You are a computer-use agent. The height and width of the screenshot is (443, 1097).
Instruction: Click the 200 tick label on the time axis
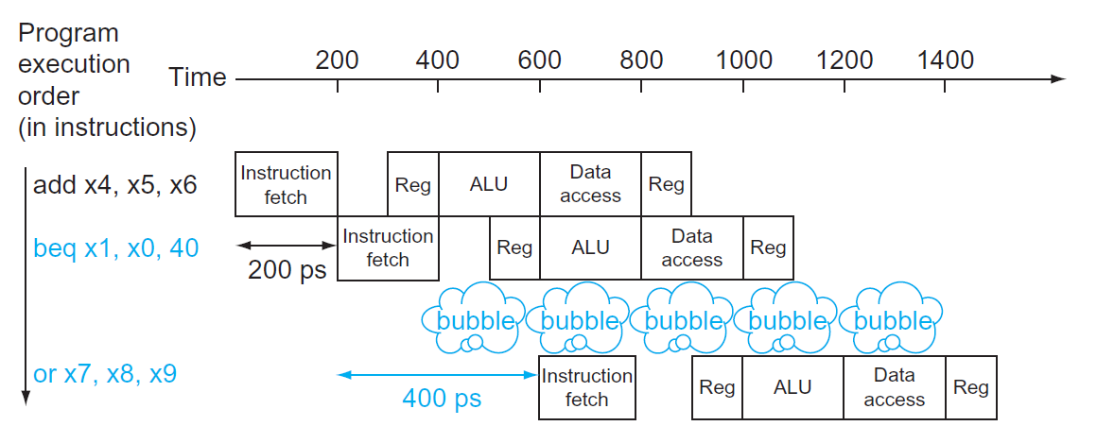pyautogui.click(x=337, y=60)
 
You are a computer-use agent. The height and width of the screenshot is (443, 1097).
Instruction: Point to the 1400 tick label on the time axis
pyautogui.click(x=945, y=60)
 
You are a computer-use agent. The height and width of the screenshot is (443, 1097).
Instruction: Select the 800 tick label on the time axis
pyautogui.click(x=641, y=60)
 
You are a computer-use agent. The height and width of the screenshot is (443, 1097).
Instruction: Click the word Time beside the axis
pyautogui.click(x=198, y=77)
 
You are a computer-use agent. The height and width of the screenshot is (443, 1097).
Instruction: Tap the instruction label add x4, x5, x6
pyautogui.click(x=114, y=185)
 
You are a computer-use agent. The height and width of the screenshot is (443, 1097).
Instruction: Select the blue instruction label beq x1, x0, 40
pyautogui.click(x=115, y=249)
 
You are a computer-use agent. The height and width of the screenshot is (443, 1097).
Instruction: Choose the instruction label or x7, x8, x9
pyautogui.click(x=104, y=374)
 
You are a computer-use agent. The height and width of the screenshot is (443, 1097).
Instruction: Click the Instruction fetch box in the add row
pyautogui.click(x=286, y=184)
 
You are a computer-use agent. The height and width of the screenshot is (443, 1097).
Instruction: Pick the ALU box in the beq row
pyautogui.click(x=590, y=247)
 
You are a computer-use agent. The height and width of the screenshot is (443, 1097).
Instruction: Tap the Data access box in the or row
pyautogui.click(x=894, y=387)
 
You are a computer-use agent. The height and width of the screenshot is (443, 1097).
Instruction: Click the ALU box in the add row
pyautogui.click(x=489, y=184)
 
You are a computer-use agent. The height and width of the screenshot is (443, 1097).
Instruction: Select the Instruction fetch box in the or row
pyautogui.click(x=586, y=387)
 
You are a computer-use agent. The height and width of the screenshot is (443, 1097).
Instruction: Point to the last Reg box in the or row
pyautogui.click(x=971, y=387)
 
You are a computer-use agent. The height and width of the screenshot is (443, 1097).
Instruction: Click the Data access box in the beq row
pyautogui.click(x=691, y=247)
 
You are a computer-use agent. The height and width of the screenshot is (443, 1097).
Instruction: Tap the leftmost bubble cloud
pyautogui.click(x=476, y=318)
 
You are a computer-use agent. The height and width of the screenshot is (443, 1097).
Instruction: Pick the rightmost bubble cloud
pyautogui.click(x=892, y=318)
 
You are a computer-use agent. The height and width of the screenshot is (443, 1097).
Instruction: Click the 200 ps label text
pyautogui.click(x=287, y=270)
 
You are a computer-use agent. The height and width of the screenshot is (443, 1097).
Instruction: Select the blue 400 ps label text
pyautogui.click(x=442, y=398)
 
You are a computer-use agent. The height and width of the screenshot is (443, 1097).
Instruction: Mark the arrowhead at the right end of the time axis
pyautogui.click(x=1059, y=79)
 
